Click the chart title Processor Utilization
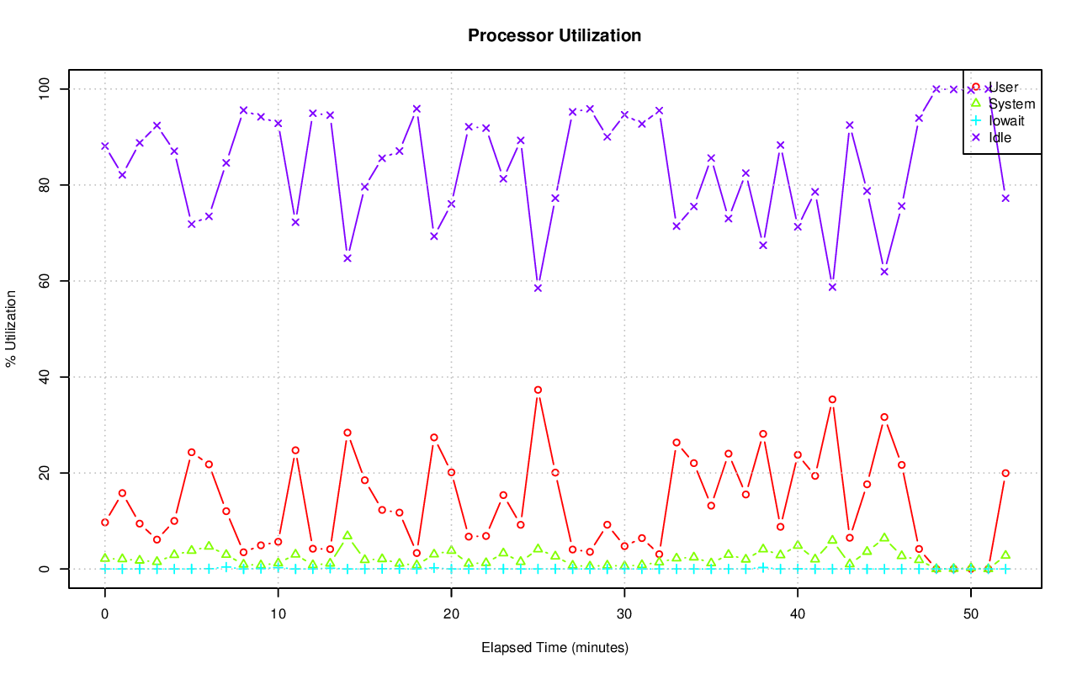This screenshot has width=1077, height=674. [554, 36]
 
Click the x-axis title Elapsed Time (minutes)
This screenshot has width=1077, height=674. [554, 648]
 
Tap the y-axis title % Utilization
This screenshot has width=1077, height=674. [11, 328]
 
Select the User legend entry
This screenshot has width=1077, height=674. [1003, 88]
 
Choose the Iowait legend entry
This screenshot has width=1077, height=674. [1006, 121]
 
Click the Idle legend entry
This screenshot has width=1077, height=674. [1000, 138]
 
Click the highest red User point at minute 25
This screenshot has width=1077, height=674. [538, 390]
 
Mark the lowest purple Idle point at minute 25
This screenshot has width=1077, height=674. [538, 288]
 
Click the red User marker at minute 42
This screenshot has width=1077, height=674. [832, 400]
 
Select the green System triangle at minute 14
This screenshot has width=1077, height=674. [348, 535]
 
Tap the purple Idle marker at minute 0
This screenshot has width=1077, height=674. [105, 146]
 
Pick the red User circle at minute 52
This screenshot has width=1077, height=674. [1005, 473]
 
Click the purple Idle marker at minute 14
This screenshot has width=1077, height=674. [348, 258]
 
